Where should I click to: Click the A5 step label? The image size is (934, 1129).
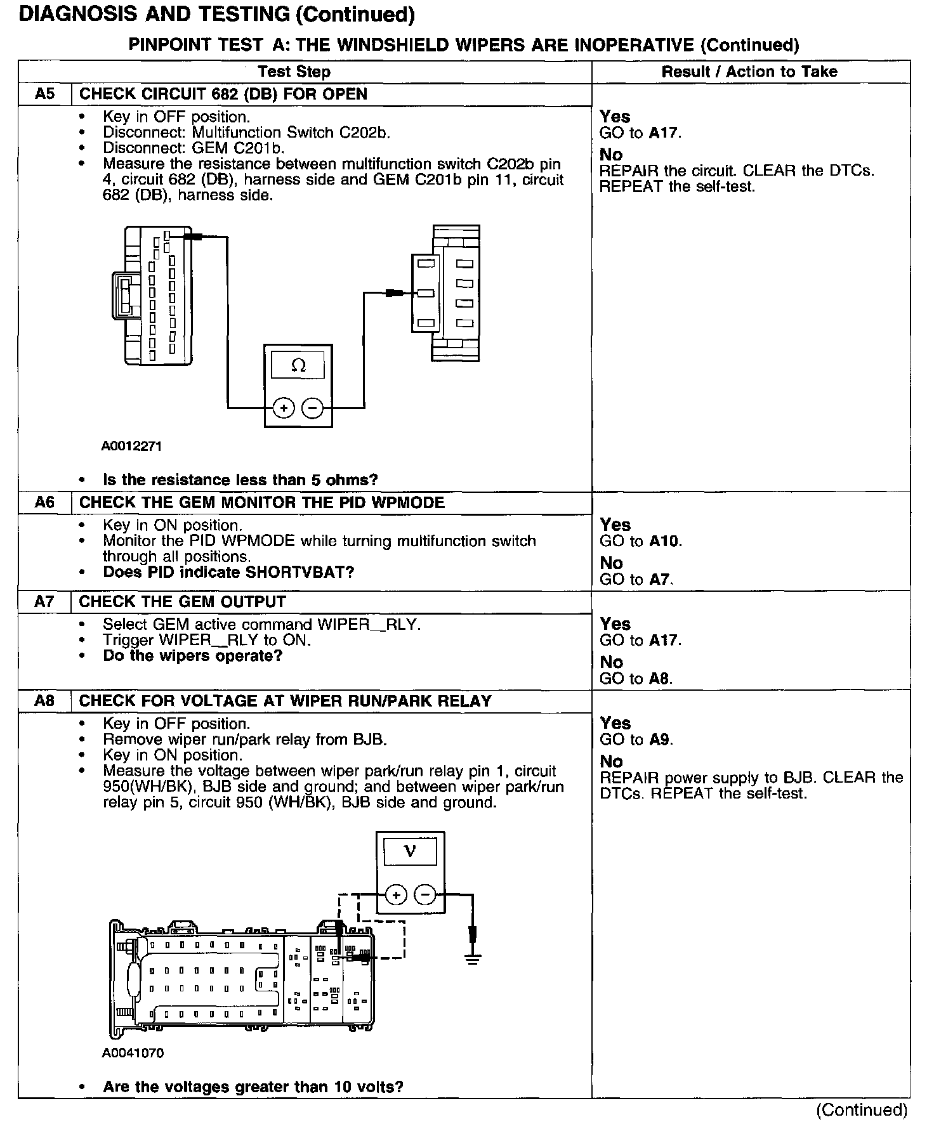click(x=44, y=95)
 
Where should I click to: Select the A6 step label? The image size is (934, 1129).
click(x=44, y=503)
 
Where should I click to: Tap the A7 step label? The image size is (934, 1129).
click(x=44, y=602)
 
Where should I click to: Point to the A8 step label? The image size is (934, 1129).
click(x=44, y=701)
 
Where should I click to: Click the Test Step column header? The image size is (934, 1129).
click(x=294, y=72)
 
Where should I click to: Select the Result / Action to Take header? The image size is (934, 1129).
click(x=749, y=72)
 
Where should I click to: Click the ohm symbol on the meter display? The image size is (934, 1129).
click(x=298, y=366)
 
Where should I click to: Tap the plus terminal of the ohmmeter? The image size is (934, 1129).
click(x=284, y=408)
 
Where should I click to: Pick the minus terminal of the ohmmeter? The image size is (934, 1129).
click(x=312, y=408)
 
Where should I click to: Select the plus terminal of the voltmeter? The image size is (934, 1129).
click(x=396, y=895)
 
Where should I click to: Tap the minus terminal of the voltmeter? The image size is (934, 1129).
click(x=425, y=895)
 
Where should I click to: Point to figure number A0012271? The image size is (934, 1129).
click(x=131, y=447)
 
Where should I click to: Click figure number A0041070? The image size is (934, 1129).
click(x=132, y=1054)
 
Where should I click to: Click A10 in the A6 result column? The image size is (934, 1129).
click(x=664, y=542)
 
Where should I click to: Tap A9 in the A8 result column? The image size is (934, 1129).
click(x=660, y=740)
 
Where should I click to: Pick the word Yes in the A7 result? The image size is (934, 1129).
click(x=615, y=624)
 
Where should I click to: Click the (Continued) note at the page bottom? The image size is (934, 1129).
click(x=862, y=1110)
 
